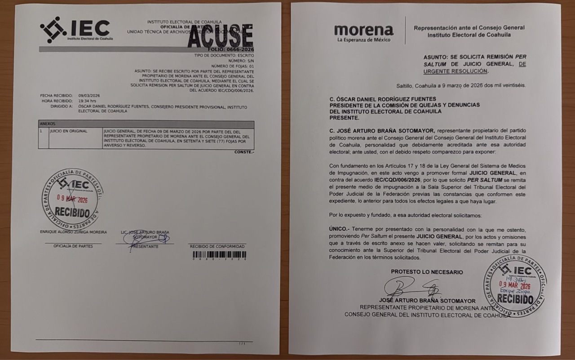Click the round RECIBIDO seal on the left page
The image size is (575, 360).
[x=72, y=198]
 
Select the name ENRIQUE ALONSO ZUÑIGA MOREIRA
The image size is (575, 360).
[x=73, y=232]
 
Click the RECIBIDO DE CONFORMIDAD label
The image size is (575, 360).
[x=217, y=246]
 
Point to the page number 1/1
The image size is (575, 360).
[x=242, y=344]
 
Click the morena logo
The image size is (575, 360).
[x=364, y=30]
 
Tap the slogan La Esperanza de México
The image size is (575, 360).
[x=364, y=40]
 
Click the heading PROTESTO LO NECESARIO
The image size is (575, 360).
[x=427, y=272]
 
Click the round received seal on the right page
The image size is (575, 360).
[x=515, y=285]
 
